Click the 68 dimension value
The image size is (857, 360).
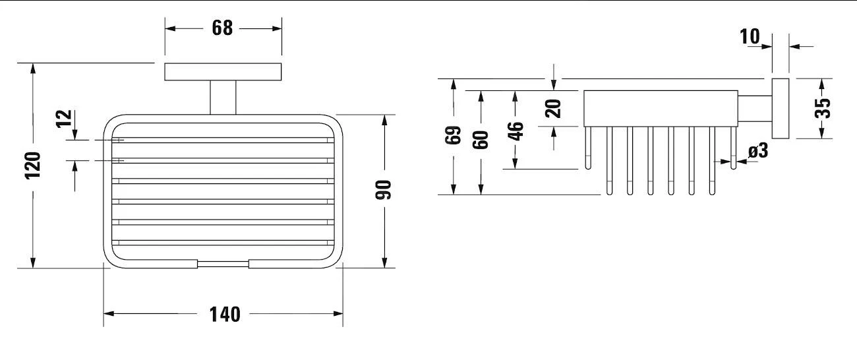pos(223,28)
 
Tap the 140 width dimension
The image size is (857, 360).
pos(225,314)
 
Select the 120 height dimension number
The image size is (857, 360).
pos(33,165)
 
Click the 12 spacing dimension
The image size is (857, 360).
pos(63,118)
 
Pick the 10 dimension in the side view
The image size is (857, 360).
pos(750,36)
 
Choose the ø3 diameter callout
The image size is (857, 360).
pos(758,152)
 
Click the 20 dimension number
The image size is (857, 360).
pos(554,107)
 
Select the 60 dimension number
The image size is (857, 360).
pos(482,139)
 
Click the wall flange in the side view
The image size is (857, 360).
pos(780,108)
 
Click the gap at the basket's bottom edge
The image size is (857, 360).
pos(223,264)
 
